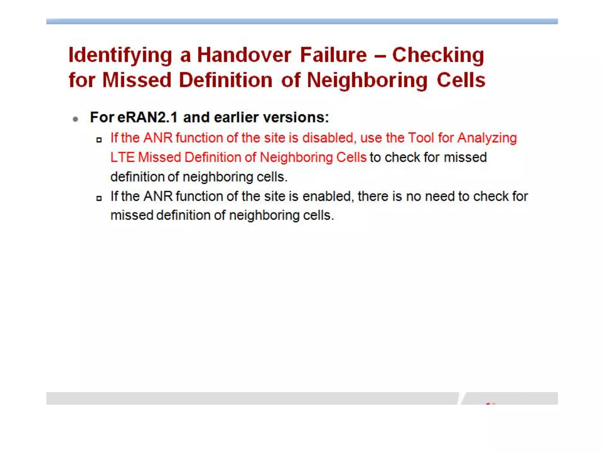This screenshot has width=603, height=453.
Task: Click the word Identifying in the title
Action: click(120, 55)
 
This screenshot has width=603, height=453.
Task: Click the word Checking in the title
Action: click(438, 55)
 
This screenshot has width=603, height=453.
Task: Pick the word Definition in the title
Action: click(226, 80)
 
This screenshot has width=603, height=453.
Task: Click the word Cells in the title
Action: click(461, 80)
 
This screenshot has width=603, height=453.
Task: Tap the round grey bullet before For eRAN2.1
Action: click(76, 119)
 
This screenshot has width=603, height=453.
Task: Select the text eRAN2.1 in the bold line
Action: click(147, 117)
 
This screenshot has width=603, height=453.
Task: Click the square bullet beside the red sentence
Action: click(99, 140)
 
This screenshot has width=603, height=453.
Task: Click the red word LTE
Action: click(122, 157)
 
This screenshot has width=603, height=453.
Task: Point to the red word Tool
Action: click(421, 138)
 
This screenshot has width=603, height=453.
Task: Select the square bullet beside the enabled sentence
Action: click(99, 198)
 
